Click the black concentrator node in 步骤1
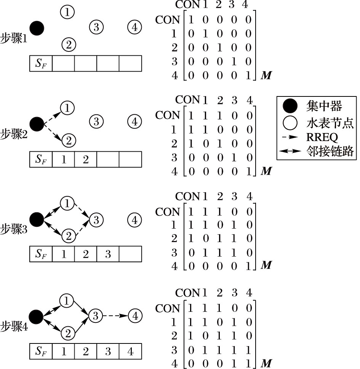coord(37,28)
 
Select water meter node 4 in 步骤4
coord(135,316)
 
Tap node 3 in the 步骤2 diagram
coord(96,122)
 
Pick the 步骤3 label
coord(14,230)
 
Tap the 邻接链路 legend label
coord(330,152)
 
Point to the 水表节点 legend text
coord(330,122)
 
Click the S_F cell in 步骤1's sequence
coord(41,64)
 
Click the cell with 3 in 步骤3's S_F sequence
coord(108,254)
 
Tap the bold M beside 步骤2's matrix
coord(266,171)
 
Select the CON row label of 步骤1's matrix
coord(167,20)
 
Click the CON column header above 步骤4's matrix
coord(187,293)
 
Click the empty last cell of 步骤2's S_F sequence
coord(130,159)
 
